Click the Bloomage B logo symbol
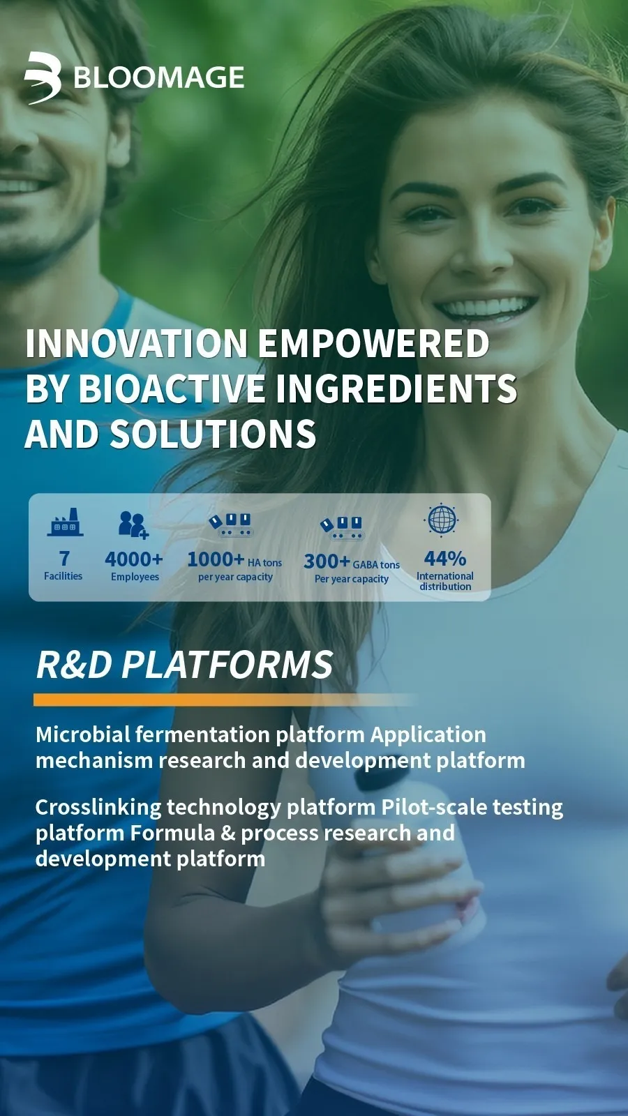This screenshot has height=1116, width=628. pos(43,78)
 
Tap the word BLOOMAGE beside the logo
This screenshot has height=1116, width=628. pos(159,77)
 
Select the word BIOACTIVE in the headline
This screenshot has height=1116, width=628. pos(172,388)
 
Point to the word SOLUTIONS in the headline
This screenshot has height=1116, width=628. pos(213,433)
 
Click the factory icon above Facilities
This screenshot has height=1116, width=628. pos(65,522)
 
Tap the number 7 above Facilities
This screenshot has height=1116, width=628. pos(63,559)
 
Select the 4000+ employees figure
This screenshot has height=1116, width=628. pos(133,559)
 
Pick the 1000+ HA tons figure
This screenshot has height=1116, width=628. pos(234,560)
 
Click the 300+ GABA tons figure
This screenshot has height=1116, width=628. pos(352,562)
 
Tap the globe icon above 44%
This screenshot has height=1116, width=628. pos(442,520)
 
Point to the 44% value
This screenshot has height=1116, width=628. pos(445,559)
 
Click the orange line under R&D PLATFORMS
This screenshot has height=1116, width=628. pos(224,700)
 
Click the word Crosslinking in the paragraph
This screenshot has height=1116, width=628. pos(98,808)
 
